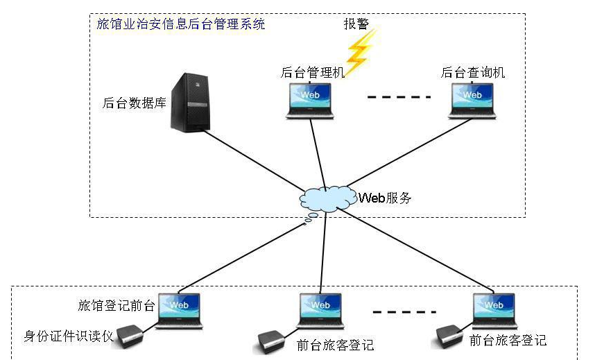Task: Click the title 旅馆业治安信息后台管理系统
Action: coord(180,24)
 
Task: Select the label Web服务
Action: coord(386,198)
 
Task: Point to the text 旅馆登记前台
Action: coord(117,306)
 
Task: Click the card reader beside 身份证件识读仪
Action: coord(130,336)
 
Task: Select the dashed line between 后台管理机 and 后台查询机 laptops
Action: coord(399,97)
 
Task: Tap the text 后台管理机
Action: coord(312,72)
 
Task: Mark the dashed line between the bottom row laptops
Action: coord(401,311)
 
